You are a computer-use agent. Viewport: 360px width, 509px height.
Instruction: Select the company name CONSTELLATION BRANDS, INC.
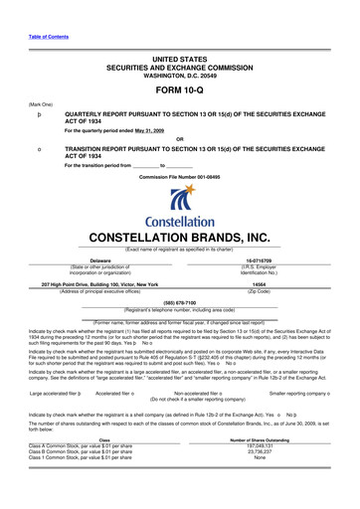pyautogui.click(x=179, y=238)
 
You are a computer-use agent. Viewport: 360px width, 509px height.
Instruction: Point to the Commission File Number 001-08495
pyautogui.click(x=179, y=175)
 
